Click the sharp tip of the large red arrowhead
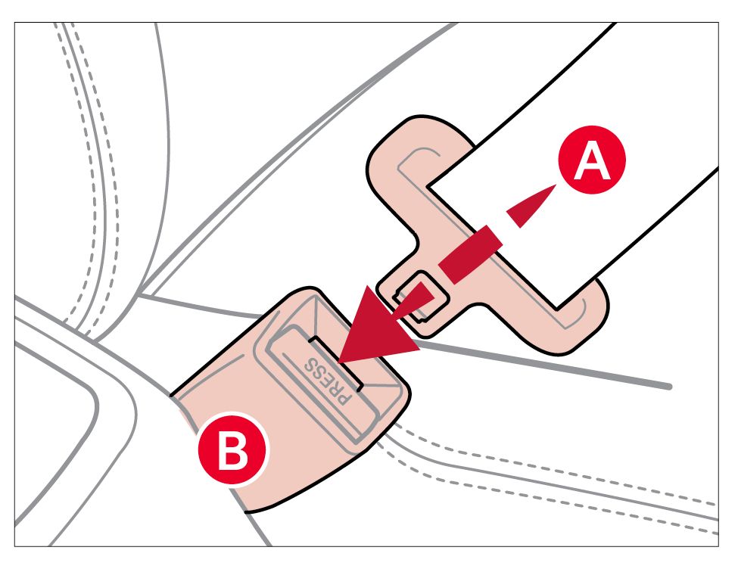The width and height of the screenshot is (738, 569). pos(338,363)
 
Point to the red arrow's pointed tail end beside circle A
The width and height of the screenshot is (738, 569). pos(557,185)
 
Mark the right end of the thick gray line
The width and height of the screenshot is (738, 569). pos(669,387)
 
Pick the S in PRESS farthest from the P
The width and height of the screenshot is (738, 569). pos(312,364)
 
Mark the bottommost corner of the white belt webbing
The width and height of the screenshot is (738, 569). pos(557,309)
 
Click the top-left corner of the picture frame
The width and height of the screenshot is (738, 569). pos(14,22)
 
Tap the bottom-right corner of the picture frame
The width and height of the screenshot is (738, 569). pos(719,546)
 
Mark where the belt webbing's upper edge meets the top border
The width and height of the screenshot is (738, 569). pos(615,23)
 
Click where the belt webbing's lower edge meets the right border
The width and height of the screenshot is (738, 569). pos(718,167)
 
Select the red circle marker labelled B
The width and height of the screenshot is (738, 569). pos(232,449)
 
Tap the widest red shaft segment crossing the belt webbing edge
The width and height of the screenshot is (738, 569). pos(471,255)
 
